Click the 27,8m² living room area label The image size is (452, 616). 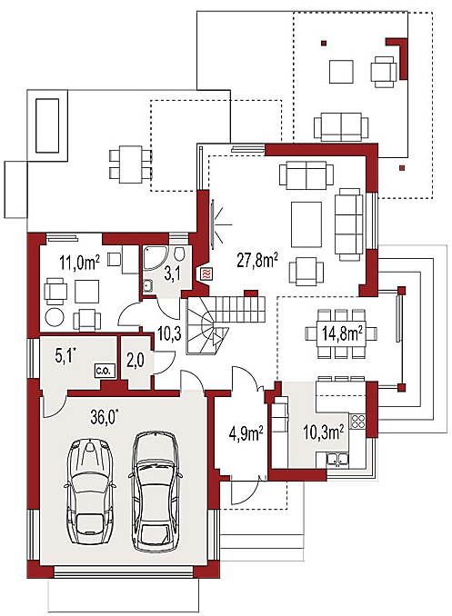click(x=257, y=260)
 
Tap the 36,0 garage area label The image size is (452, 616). click(x=105, y=418)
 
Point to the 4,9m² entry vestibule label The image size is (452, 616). click(x=246, y=433)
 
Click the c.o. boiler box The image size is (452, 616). click(x=105, y=371)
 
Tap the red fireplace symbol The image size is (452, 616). click(x=206, y=273)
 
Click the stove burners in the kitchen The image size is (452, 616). click(x=357, y=421)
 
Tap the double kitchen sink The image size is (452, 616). click(x=336, y=458)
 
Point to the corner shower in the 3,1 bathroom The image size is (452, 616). click(x=151, y=259)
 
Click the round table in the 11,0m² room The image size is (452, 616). click(x=55, y=317)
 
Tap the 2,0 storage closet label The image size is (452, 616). click(x=135, y=361)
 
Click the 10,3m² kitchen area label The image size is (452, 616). click(x=324, y=432)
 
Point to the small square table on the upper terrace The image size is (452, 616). click(x=341, y=72)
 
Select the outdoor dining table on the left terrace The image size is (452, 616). click(x=130, y=164)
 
